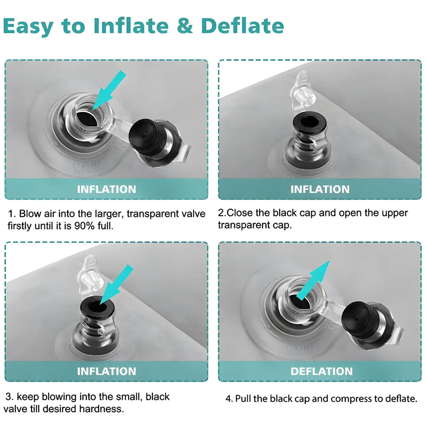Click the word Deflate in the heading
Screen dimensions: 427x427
243,26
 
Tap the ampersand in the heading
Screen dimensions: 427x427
185,26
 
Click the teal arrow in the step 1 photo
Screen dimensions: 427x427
109,91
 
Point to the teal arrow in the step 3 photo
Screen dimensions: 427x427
117,284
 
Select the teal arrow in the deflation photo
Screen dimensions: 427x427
313,280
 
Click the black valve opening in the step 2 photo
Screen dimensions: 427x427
309,124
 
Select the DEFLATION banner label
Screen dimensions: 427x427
322,371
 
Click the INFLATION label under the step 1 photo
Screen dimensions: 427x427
106,189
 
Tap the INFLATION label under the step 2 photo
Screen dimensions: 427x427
320,189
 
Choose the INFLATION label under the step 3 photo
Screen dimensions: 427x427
106,371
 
